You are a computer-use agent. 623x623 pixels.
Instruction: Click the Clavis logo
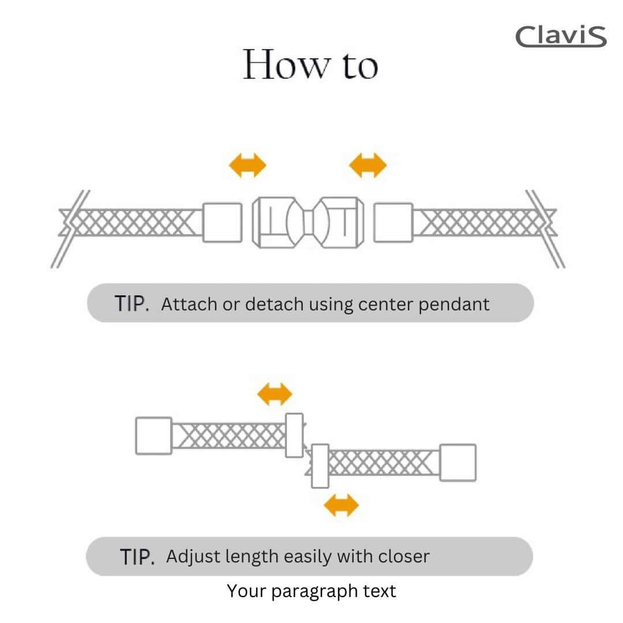tap(560, 36)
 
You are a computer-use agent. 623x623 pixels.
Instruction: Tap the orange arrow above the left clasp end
tap(247, 166)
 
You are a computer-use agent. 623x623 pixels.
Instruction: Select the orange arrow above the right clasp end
tap(367, 166)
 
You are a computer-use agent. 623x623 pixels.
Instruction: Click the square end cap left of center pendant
tap(222, 223)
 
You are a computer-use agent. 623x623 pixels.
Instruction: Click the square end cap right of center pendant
tap(393, 223)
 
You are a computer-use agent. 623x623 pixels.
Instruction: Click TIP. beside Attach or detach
tap(132, 303)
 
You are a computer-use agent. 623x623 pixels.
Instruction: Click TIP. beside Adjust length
tap(137, 557)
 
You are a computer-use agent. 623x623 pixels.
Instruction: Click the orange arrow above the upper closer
tap(275, 395)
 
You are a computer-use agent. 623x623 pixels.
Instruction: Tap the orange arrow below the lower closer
tap(341, 506)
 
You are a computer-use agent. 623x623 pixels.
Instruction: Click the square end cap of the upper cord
tap(153, 436)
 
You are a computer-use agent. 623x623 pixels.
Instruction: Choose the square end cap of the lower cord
tap(458, 462)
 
